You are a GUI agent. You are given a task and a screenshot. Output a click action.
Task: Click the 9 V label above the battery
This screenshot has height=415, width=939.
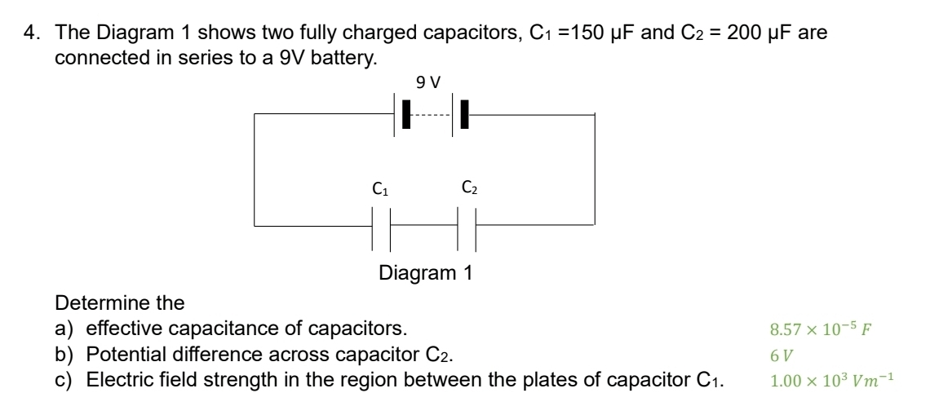[427, 82]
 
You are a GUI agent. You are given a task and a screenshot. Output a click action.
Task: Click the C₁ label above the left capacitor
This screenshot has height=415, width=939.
[379, 189]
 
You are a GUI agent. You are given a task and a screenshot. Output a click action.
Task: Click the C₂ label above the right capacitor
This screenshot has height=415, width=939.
[470, 189]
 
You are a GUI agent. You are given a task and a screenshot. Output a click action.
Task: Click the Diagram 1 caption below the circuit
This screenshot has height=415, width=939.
[425, 272]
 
